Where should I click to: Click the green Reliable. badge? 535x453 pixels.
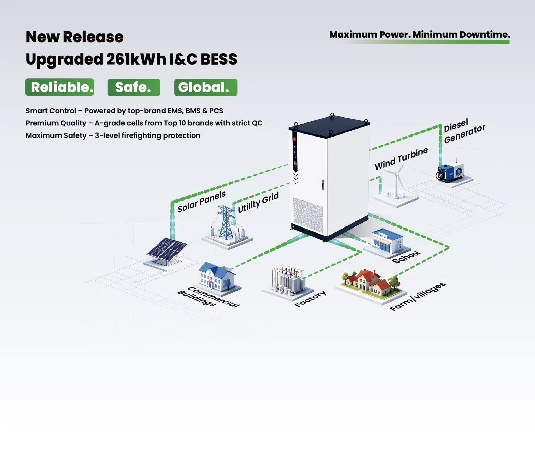(60, 87)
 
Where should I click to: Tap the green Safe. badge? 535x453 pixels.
(134, 87)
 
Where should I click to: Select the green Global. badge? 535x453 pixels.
(206, 87)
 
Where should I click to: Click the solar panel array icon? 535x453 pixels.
(167, 250)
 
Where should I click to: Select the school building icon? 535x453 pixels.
(387, 241)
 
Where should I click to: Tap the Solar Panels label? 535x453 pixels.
(202, 202)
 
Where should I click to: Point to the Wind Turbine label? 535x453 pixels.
(401, 158)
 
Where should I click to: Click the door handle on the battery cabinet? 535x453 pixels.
(323, 185)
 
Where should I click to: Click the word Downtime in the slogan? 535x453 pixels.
(485, 35)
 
